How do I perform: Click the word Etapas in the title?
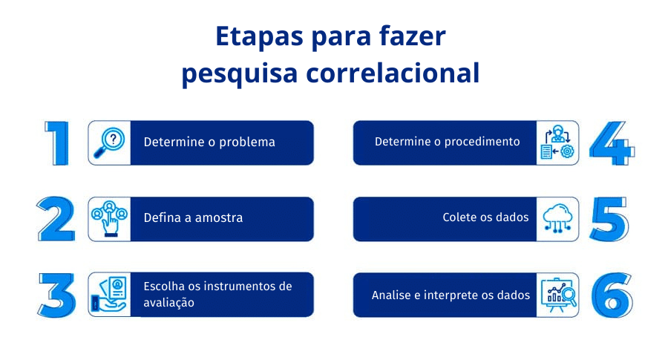coord(260,36)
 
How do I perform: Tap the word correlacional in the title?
coord(393,73)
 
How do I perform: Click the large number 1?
coord(57,143)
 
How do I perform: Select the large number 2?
coord(56,219)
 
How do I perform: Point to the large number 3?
coord(56,295)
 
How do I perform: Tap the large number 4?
coord(612,143)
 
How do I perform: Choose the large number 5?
coord(609,219)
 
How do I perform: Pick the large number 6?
coord(612,295)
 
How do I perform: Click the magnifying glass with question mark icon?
coord(109,143)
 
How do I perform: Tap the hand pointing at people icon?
coord(110,218)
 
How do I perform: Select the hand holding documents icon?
coord(109,295)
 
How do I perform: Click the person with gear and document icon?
coord(557,143)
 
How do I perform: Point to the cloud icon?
coord(557,218)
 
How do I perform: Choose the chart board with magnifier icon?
coord(558,295)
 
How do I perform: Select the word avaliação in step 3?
coord(168,303)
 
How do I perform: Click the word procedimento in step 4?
coord(482,142)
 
